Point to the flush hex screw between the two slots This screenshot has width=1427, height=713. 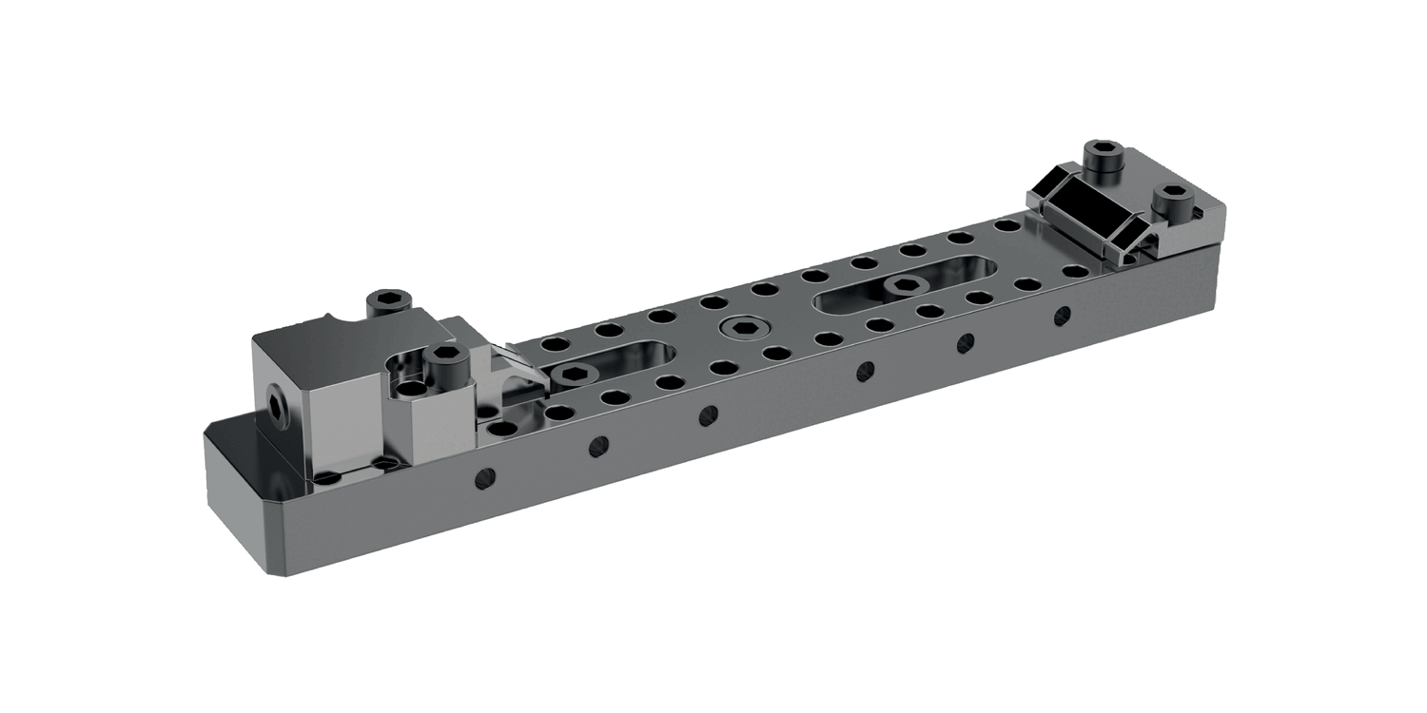tap(738, 329)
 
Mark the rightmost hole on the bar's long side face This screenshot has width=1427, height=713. tap(1062, 314)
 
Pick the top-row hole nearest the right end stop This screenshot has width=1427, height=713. tap(1004, 226)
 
